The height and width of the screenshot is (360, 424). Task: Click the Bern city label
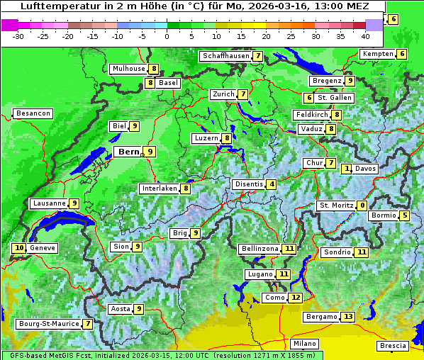(129, 152)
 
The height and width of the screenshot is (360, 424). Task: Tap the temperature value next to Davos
(347, 169)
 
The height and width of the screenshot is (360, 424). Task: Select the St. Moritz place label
(336, 206)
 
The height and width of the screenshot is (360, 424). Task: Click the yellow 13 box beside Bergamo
(347, 317)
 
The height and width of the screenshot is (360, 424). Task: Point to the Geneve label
(43, 248)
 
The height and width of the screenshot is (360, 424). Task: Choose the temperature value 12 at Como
(295, 298)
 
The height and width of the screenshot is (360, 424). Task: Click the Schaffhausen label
(225, 56)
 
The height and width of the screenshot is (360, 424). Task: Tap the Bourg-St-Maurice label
(48, 324)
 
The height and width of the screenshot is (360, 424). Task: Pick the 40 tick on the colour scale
(365, 36)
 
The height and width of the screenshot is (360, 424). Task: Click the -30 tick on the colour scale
(18, 36)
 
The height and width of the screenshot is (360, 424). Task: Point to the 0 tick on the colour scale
(167, 36)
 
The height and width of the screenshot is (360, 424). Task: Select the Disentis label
(249, 184)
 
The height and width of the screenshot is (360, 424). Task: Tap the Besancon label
(33, 113)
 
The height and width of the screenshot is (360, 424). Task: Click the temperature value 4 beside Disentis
(272, 184)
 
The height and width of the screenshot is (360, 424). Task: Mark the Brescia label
(393, 346)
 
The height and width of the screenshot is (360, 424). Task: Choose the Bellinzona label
(260, 249)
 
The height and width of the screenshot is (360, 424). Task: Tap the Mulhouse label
(128, 69)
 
